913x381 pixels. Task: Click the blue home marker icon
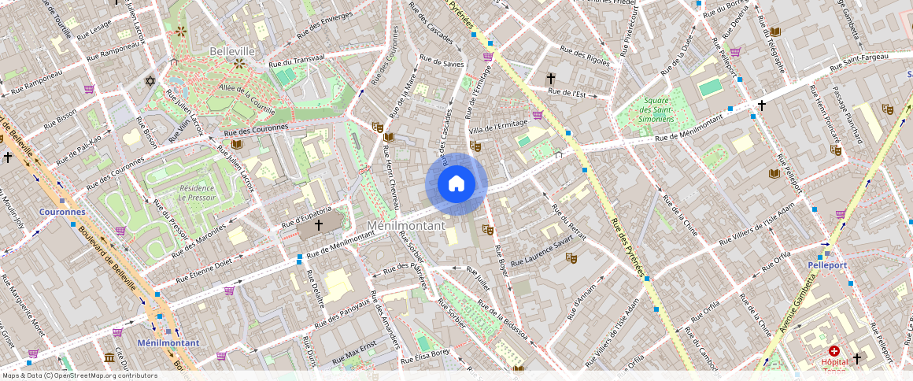tap(456, 184)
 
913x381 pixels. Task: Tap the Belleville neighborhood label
tap(232, 51)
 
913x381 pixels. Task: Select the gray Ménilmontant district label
tap(407, 226)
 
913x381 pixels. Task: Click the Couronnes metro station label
tap(62, 213)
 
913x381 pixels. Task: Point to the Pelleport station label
tap(827, 265)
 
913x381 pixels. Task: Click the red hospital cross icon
tap(834, 350)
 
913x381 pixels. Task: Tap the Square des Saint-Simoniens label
tap(657, 109)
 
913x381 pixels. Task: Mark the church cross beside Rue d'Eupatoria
tap(319, 225)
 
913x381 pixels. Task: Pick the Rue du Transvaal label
tap(297, 63)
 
